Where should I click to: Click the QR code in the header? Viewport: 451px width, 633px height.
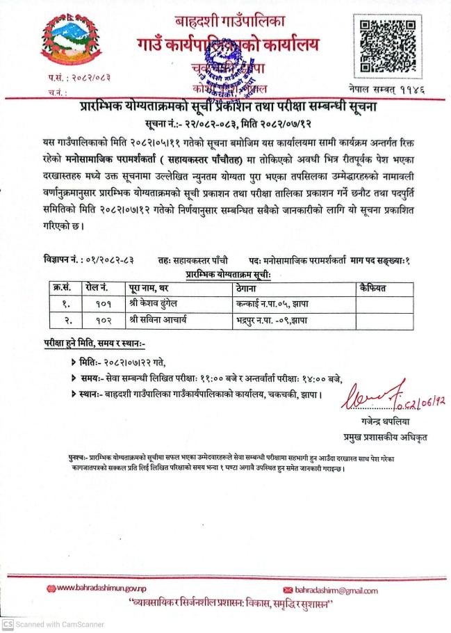click(390, 47)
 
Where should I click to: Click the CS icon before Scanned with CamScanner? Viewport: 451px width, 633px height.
click(8, 625)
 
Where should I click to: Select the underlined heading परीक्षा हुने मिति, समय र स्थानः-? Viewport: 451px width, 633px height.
click(96, 343)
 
